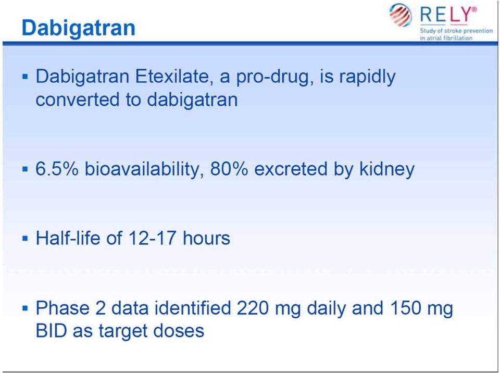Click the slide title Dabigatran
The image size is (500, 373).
point(79,28)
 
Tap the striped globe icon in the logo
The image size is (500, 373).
point(401,15)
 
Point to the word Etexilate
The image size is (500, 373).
point(174,77)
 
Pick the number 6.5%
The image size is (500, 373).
point(57,168)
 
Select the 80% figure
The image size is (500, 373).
point(229,168)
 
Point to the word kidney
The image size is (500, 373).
point(387,169)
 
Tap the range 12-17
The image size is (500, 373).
point(153,239)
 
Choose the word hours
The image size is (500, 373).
point(206,238)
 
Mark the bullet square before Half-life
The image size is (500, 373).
point(26,239)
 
